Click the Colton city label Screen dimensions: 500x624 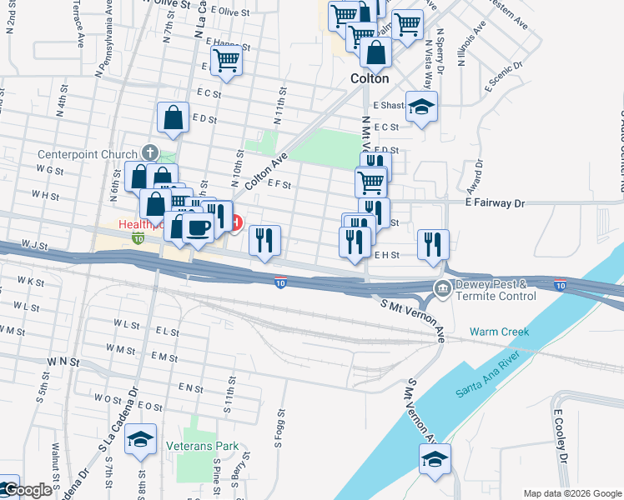[x=369, y=78]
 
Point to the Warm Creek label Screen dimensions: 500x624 [x=499, y=332]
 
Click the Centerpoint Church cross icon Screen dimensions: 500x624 [x=149, y=152]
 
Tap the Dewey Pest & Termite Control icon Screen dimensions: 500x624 [x=441, y=290]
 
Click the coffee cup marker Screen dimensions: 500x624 [x=198, y=227]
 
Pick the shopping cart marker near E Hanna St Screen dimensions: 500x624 [x=226, y=62]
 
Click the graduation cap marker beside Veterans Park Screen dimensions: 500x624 [x=140, y=439]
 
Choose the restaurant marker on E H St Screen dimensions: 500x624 [x=432, y=245]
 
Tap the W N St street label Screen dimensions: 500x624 [x=63, y=362]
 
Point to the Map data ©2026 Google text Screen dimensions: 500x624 [x=571, y=493]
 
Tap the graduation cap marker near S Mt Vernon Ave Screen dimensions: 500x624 [x=435, y=459]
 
